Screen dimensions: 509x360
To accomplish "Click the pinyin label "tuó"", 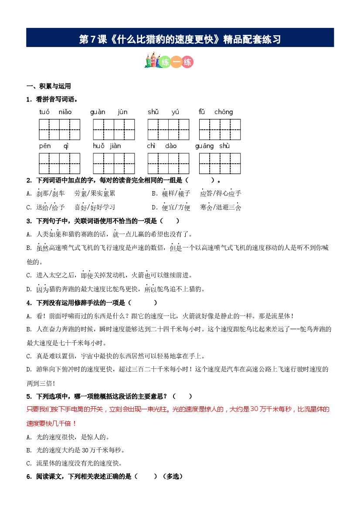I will pyautogui.click(x=44, y=112).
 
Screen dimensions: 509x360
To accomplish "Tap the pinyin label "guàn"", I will pyautogui.click(x=98, y=112).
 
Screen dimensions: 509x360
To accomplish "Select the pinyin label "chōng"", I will pyautogui.click(x=223, y=112).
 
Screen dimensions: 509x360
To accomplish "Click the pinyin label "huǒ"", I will pyautogui.click(x=98, y=146).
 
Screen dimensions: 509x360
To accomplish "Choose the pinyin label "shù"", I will pyautogui.click(x=224, y=146).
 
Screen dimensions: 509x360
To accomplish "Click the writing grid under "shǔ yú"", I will pyautogui.click(x=168, y=130).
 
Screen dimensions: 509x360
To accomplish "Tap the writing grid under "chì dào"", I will pyautogui.click(x=168, y=163).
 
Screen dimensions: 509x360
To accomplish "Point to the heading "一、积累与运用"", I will pyautogui.click(x=48, y=86).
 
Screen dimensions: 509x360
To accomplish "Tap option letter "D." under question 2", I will pyautogui.click(x=154, y=207).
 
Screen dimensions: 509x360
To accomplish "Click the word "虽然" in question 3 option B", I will pyautogui.click(x=42, y=248).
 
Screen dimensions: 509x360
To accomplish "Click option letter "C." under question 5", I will pyautogui.click(x=29, y=463).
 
